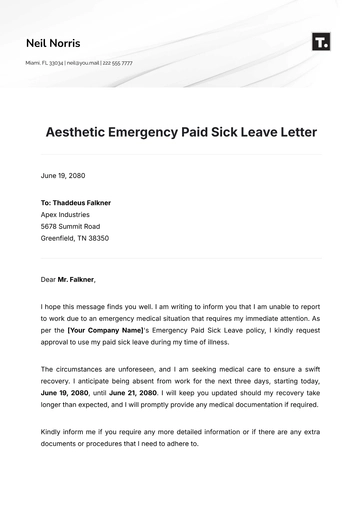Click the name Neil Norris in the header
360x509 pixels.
pos(53,43)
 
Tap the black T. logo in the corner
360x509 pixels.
pos(321,41)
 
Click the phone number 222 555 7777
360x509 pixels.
pos(120,63)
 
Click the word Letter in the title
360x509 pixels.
pos(293,132)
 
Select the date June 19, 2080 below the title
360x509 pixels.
pos(63,175)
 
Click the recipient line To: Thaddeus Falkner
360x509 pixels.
pos(76,203)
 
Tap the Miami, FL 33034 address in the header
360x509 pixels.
pos(44,63)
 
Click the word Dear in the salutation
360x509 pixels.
pos(48,279)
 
